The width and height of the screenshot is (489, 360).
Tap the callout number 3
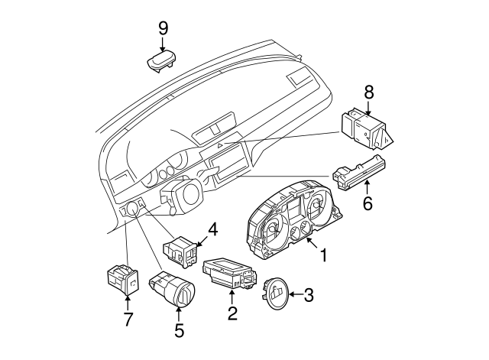(x=309, y=294)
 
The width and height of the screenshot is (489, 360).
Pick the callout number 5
(x=180, y=331)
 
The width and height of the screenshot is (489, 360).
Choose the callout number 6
(x=367, y=204)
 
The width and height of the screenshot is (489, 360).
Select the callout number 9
(x=163, y=28)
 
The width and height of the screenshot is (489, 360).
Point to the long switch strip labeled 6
(x=359, y=172)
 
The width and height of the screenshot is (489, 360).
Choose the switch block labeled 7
(x=121, y=279)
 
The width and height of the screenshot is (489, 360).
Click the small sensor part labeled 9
(x=162, y=60)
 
